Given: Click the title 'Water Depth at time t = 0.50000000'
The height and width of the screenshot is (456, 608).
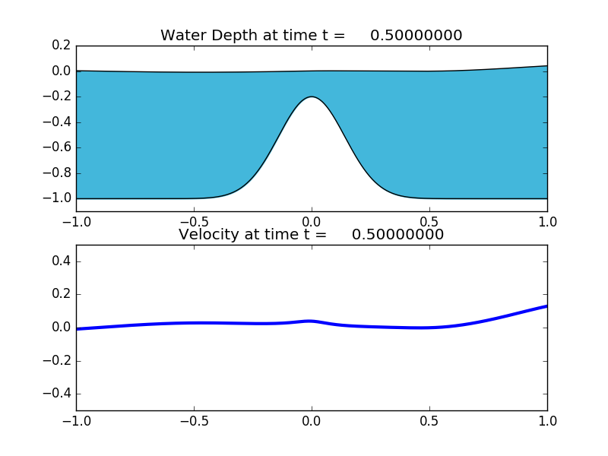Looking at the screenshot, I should (x=311, y=36).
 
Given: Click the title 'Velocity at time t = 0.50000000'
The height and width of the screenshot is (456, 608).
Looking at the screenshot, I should (x=311, y=235).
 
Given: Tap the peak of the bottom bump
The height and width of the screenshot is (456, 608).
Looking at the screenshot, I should (x=312, y=97).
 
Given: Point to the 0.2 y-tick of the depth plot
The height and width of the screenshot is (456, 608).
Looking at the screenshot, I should (x=62, y=46).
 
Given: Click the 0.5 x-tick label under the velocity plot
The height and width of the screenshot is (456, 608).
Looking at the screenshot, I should (x=429, y=420).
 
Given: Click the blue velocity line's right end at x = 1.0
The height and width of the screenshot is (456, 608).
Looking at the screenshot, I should (x=546, y=306).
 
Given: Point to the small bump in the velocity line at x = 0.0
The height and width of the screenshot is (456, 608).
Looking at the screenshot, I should (x=311, y=321).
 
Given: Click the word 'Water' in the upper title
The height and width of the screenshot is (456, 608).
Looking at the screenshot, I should (x=183, y=36).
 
